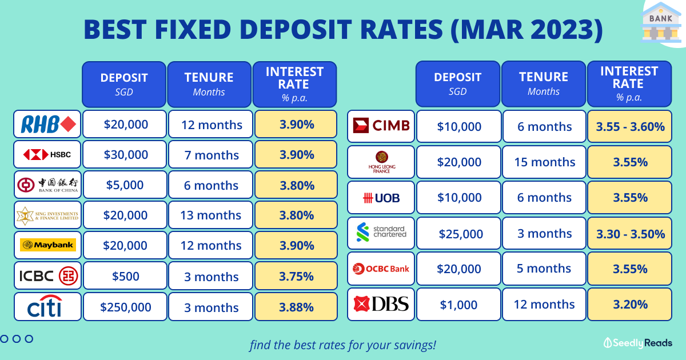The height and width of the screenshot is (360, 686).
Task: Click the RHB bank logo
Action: pos(49,125)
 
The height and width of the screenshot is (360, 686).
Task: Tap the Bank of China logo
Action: pos(47,185)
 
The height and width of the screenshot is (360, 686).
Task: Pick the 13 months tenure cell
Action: pos(211,215)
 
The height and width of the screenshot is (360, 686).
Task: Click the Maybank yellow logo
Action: pos(48,245)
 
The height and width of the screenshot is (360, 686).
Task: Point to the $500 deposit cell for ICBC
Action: pos(125,275)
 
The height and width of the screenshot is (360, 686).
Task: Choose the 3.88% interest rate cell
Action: pos(296,307)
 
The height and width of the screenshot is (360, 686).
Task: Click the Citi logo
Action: pos(45,306)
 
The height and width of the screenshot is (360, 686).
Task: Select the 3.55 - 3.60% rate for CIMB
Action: pos(630,126)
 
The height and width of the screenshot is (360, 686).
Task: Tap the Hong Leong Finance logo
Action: pos(382,162)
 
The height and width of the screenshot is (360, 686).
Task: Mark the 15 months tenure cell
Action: pos(544,162)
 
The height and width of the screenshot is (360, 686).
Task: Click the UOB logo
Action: pos(381,198)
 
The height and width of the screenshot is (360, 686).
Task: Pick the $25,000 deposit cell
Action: pos(458,233)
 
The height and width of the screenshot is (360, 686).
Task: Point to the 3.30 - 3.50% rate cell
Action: pos(630,233)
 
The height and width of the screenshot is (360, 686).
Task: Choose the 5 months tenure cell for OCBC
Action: pos(544,269)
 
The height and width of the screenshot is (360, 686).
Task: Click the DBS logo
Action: pos(381,304)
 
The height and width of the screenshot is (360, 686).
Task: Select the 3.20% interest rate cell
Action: pos(630,304)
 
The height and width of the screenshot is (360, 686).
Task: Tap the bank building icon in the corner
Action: pos(661,23)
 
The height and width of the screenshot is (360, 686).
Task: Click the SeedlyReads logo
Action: pos(637,343)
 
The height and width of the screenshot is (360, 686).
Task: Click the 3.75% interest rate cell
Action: pos(296,275)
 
